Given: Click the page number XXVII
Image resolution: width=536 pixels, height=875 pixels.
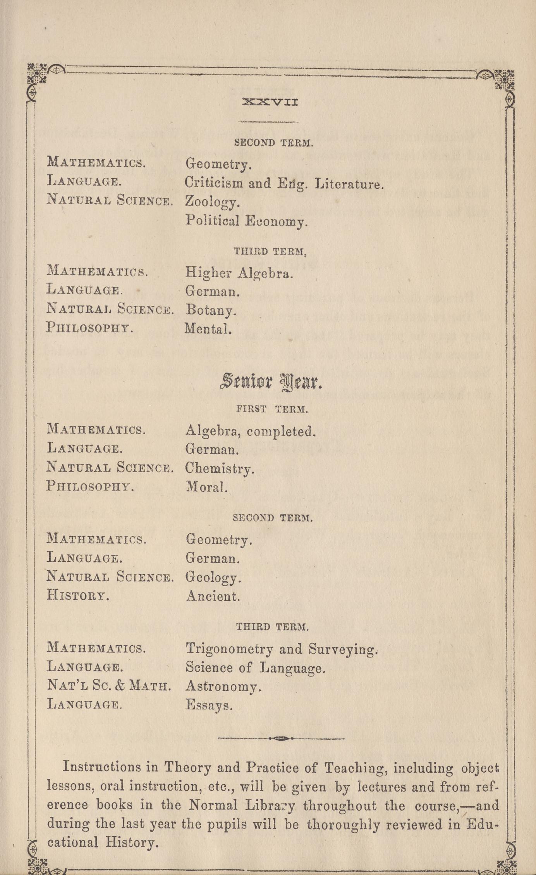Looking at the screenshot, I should pos(270,103).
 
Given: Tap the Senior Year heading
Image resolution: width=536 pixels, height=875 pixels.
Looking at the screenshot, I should pos(271,382).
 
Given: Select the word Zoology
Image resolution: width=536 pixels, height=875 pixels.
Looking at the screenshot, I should pos(212,202).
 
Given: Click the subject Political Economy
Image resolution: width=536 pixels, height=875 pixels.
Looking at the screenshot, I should pos(246,221).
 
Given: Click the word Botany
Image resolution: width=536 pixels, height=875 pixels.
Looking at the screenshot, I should pos(211,310).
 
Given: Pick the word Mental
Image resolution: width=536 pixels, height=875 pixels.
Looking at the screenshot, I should pos(208,329).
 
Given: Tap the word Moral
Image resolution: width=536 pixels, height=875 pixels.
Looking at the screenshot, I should pos(206,487).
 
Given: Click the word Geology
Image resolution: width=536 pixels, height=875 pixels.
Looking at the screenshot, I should pos(213,578).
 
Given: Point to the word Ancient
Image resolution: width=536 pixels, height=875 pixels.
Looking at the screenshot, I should pos(213,596).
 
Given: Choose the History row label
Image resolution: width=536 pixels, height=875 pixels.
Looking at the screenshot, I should pos(78,595).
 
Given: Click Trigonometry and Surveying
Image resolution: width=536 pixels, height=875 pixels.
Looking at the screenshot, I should pos(281,649).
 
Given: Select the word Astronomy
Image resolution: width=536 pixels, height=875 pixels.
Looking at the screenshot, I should pos(223,686).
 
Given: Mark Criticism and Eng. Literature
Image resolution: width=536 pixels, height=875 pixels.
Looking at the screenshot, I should pos(284,183).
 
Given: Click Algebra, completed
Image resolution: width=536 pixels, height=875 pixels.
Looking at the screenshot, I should pos(250,431).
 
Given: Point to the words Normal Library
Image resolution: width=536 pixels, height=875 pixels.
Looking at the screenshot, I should pos(242,806).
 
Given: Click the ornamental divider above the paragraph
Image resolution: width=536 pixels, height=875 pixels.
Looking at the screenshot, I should pos(281,738).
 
